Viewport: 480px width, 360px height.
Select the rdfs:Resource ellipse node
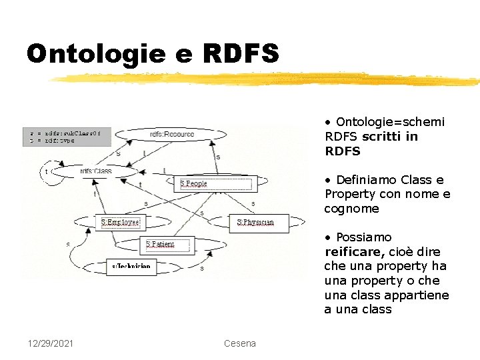tap(171, 134)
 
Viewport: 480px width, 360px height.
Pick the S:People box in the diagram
tap(195, 183)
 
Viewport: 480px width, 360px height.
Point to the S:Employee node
tap(120, 223)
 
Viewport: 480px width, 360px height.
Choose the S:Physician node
tap(255, 222)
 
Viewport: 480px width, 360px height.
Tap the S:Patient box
tap(160, 245)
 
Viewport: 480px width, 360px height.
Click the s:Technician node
tap(131, 266)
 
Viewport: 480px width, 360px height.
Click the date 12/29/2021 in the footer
tap(51, 343)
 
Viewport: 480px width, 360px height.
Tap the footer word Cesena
tap(240, 343)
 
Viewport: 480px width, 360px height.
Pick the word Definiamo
tap(366, 180)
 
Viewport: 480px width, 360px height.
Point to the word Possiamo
tap(363, 237)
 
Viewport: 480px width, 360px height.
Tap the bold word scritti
tap(382, 137)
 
